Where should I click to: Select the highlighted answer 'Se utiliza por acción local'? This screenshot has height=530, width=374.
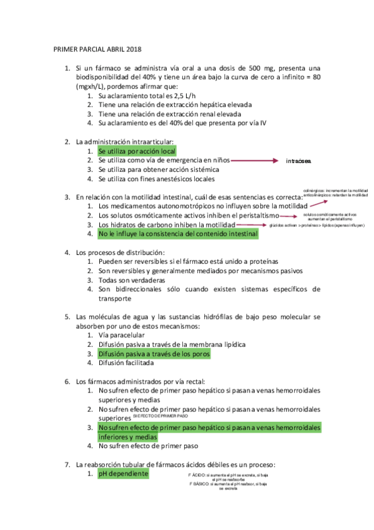pyautogui.click(x=136, y=151)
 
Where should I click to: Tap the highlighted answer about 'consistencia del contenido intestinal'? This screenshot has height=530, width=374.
pyautogui.click(x=177, y=234)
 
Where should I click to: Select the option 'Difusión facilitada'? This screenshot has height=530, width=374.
pyautogui.click(x=126, y=362)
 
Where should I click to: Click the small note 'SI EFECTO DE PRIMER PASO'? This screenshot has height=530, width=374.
pyautogui.click(x=160, y=415)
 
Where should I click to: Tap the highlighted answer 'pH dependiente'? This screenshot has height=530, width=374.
pyautogui.click(x=123, y=474)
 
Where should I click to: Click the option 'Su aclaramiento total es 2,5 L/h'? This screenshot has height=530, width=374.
pyautogui.click(x=147, y=96)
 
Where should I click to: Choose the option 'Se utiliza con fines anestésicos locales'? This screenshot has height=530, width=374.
pyautogui.click(x=161, y=179)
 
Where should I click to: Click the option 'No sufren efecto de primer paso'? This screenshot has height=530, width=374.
pyautogui.click(x=148, y=446)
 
